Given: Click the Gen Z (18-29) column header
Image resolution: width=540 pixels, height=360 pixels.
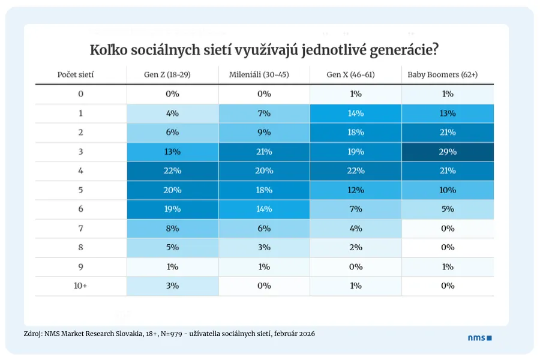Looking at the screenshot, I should (x=172, y=75).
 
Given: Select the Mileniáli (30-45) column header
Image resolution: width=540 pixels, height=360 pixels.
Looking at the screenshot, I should (x=264, y=75).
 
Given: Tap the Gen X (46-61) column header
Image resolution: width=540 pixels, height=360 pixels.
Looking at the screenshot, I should (x=355, y=75).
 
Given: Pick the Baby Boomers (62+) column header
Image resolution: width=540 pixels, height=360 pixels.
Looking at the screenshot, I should (x=447, y=75).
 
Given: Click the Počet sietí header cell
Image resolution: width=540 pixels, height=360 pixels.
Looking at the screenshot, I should (x=75, y=75).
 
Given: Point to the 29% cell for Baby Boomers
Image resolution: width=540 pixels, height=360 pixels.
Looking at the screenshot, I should (x=447, y=152).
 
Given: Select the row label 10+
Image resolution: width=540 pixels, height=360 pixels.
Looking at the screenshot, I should (x=80, y=286).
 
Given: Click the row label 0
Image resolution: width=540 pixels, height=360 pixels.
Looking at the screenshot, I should (x=80, y=94).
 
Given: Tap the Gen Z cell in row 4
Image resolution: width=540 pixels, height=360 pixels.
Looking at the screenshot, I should (x=172, y=171).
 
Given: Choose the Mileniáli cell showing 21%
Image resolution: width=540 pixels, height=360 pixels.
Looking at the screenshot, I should (x=264, y=152).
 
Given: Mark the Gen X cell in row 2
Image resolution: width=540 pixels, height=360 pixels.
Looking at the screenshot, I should (x=355, y=133).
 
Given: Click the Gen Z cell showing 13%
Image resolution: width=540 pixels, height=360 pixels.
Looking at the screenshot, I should (x=172, y=152).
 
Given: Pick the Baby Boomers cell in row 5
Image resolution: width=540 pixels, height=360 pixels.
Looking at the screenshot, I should (x=447, y=190).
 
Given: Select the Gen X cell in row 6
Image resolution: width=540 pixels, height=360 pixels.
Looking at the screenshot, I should (x=355, y=209).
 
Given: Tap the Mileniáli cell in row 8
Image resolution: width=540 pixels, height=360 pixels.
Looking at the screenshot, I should (x=264, y=248).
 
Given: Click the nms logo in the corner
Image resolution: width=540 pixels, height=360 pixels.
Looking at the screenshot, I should (x=479, y=338).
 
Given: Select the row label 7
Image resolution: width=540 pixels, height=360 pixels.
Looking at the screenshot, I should (x=80, y=229).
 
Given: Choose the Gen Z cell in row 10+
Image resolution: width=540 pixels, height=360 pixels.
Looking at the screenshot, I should (x=172, y=286).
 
